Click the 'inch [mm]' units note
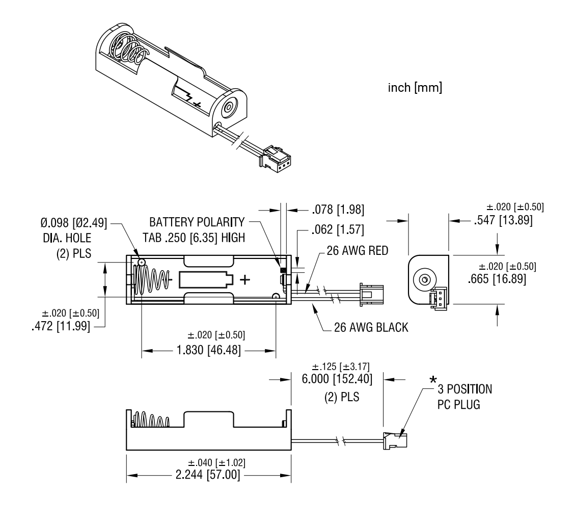[x=415, y=88]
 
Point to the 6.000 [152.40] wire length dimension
[x=337, y=379]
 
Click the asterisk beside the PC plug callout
[x=433, y=380]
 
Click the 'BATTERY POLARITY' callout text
[x=197, y=223]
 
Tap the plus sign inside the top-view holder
[x=245, y=279]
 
